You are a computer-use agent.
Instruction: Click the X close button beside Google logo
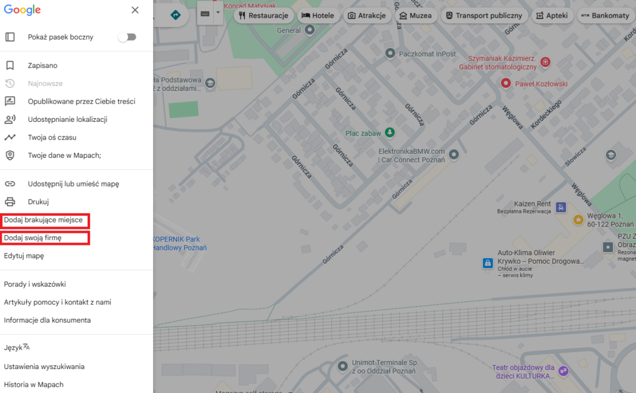[x=135, y=10]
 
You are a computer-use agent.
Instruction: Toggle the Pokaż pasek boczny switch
[x=127, y=37]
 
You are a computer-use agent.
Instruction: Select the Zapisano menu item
[x=42, y=66]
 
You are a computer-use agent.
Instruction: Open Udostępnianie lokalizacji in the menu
[x=67, y=120]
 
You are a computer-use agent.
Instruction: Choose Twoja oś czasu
[x=52, y=137]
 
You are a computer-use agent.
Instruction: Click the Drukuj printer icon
[x=10, y=202]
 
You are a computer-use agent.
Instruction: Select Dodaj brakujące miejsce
[x=44, y=220]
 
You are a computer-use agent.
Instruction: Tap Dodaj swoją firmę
[x=33, y=238]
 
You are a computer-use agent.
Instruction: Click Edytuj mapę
[x=24, y=256]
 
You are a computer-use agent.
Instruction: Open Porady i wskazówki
[x=35, y=284]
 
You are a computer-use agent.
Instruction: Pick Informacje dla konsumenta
[x=47, y=320]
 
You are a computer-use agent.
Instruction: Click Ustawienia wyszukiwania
[x=44, y=367]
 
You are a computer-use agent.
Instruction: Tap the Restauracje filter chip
[x=264, y=15]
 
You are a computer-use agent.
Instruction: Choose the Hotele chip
[x=317, y=15]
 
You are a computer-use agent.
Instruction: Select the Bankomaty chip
[x=605, y=15]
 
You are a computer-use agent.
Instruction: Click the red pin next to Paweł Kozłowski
[x=506, y=84]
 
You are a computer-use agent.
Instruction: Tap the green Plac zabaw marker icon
[x=390, y=133]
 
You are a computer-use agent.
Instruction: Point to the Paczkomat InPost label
[x=427, y=54]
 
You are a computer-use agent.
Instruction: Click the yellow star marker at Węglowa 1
[x=578, y=220]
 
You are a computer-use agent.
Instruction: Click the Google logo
[x=22, y=10]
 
